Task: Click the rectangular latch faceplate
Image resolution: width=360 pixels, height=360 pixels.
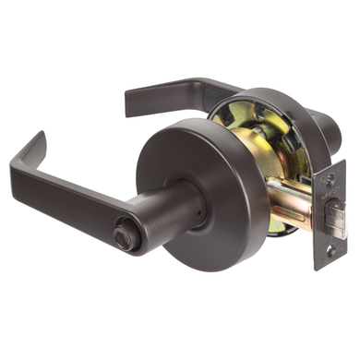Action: coord(330,213)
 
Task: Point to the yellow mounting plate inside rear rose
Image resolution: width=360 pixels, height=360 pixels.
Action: coord(235,120)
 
